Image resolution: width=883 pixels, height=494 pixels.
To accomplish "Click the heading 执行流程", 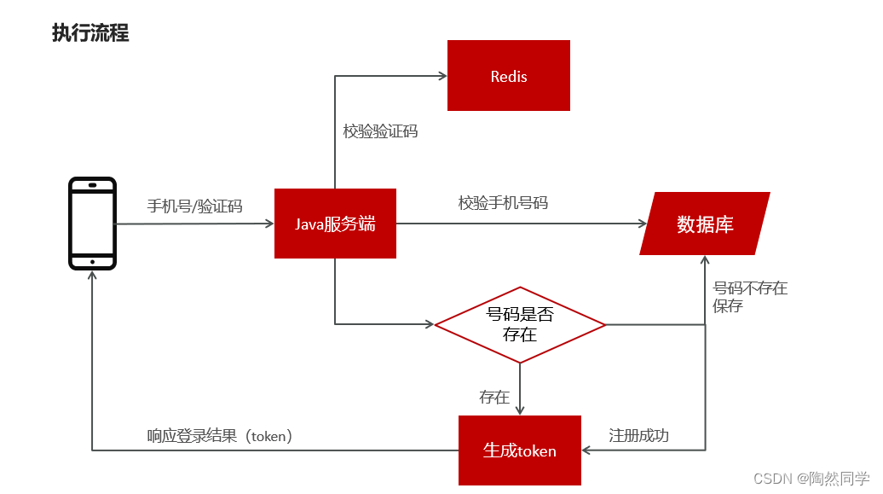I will click(90, 33).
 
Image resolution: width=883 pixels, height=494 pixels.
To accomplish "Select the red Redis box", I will click(509, 76).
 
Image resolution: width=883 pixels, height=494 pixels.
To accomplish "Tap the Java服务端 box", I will click(335, 224).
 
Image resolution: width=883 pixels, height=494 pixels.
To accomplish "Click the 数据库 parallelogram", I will click(705, 224).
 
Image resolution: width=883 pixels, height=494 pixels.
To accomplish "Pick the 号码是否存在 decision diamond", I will click(520, 324).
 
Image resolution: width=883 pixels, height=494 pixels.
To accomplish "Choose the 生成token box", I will click(520, 450).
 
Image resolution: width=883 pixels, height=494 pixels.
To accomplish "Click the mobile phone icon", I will click(92, 224).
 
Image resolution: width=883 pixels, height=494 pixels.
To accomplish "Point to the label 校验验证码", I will click(380, 131).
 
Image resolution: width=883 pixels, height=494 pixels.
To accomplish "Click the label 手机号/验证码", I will click(194, 206).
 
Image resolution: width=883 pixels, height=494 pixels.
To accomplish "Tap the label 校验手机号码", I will click(503, 203).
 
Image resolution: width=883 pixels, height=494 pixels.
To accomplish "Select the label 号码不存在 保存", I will click(750, 297).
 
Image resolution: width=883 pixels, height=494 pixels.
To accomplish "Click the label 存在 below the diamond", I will click(494, 398).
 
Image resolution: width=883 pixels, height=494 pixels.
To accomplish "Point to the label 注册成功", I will click(638, 436).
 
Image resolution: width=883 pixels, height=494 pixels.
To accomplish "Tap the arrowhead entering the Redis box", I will click(442, 76).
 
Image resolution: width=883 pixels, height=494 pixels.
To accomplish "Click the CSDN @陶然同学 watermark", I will click(811, 478).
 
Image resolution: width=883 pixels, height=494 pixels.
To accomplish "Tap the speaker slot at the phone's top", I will click(92, 185).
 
